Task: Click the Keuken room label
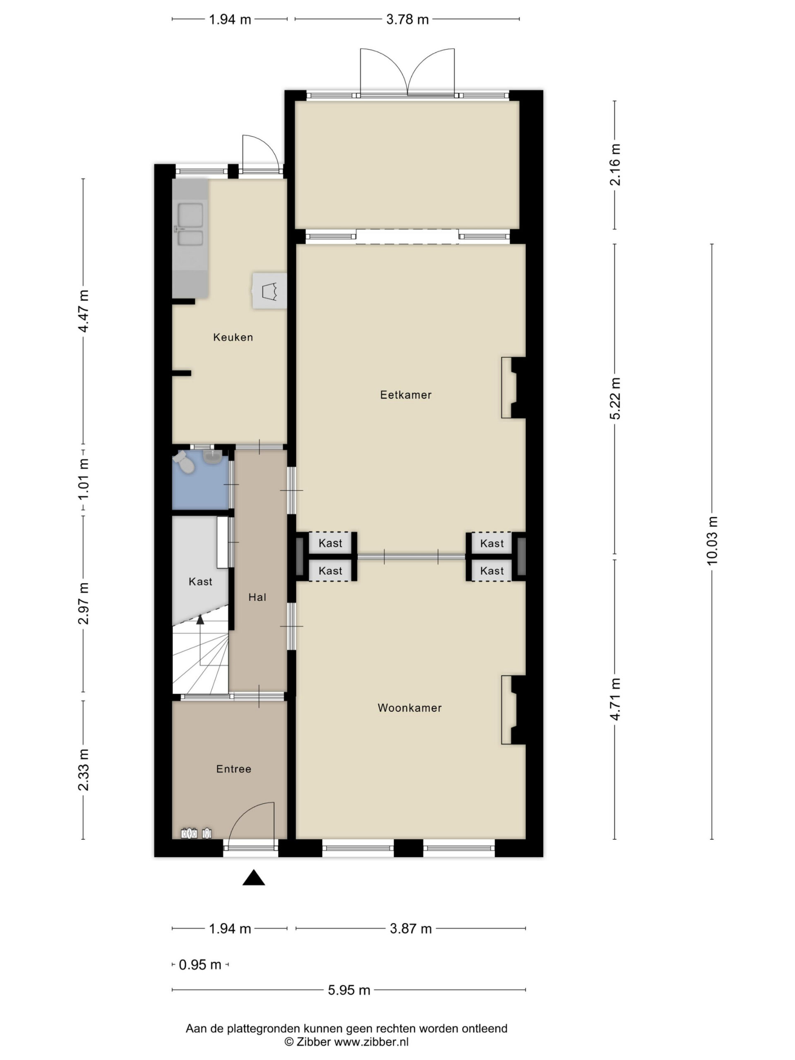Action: (233, 337)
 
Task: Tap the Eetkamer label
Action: (405, 395)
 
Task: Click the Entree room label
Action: (234, 769)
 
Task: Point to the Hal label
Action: (257, 597)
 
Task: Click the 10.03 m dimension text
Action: (712, 540)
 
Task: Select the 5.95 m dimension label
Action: (349, 990)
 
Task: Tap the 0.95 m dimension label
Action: (200, 965)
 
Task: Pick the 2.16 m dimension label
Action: (615, 165)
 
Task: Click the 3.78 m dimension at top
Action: (407, 19)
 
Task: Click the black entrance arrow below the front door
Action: (253, 877)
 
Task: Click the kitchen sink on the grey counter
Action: (190, 225)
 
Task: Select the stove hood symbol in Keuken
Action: (270, 291)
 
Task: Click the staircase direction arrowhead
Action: (200, 619)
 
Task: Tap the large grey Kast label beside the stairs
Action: (200, 582)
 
